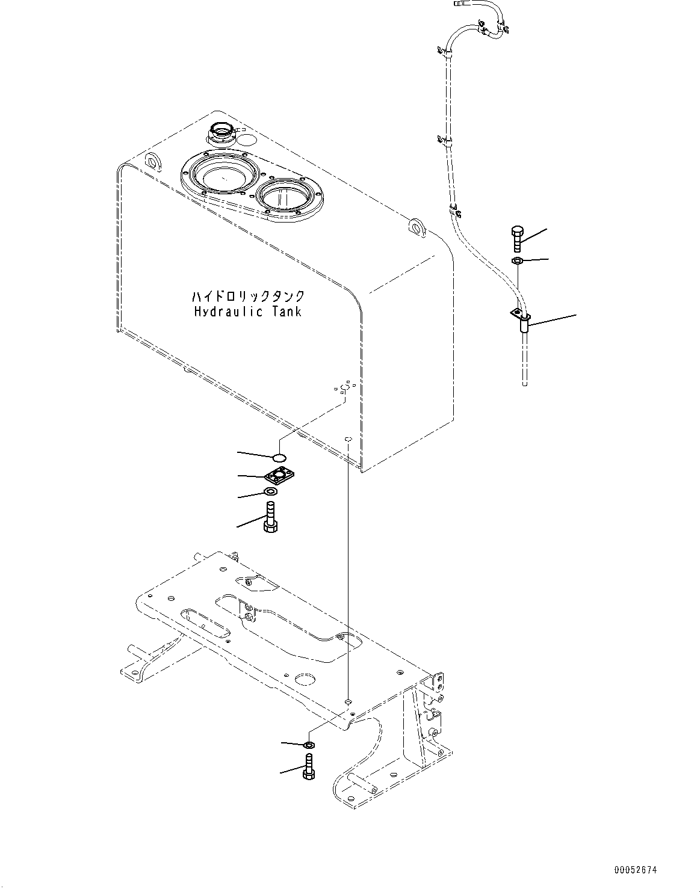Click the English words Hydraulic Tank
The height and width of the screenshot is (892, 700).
pos(247,312)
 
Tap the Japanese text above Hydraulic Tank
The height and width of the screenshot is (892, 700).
pos(247,297)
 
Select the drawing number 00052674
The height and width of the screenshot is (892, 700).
pos(636,870)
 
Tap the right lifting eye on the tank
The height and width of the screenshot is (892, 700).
pos(415,226)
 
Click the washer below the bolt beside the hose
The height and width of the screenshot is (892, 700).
pos(517,260)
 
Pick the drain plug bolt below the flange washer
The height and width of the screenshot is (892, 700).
pos(270,518)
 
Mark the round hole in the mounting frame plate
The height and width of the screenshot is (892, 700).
pos(314,679)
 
